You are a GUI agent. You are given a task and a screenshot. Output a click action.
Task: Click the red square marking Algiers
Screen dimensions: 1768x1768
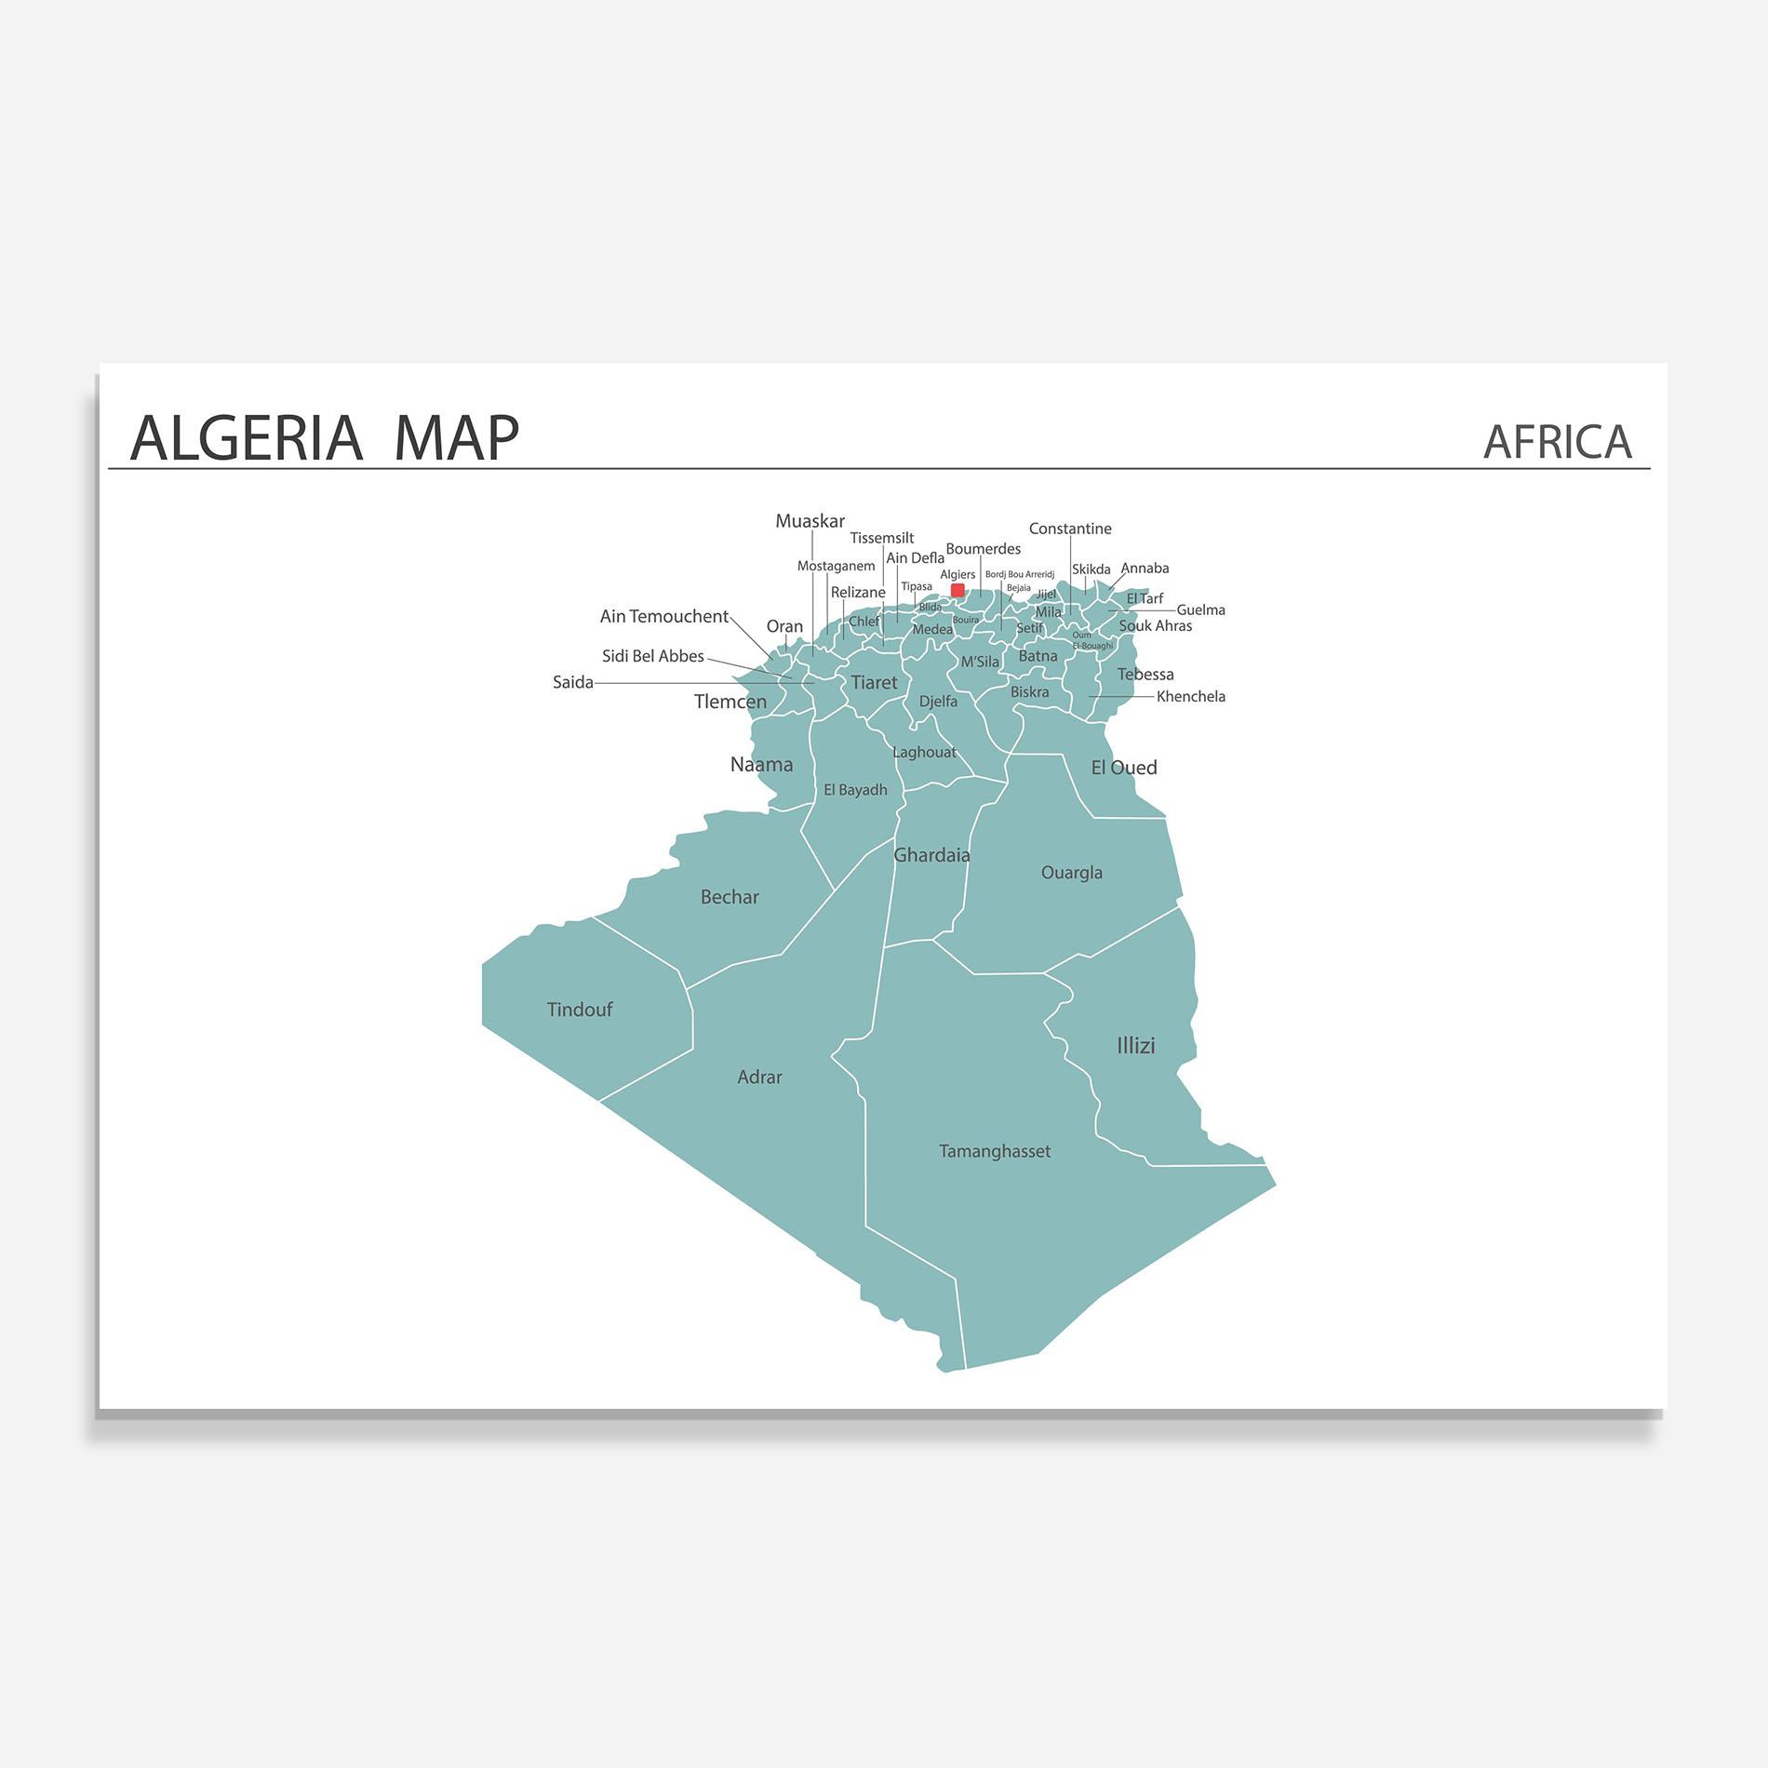958,590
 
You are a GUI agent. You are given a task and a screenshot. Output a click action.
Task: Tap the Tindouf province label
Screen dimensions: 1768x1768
579,1010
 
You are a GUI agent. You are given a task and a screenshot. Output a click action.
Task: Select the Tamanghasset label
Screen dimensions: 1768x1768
994,1151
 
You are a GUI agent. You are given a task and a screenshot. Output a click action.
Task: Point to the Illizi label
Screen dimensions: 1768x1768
1135,1046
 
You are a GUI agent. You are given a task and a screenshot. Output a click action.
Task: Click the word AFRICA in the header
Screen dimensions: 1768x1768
1557,442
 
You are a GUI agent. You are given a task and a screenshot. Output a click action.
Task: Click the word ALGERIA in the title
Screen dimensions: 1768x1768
247,438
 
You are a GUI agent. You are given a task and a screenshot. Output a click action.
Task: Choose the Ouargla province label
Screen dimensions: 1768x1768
1071,873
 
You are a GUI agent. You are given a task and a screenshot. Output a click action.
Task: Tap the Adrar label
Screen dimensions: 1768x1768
759,1078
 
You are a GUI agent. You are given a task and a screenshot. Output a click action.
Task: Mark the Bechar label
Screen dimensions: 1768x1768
730,897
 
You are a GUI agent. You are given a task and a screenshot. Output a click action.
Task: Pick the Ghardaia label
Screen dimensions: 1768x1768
931,855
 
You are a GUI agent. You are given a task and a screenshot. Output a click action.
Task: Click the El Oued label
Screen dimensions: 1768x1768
1124,768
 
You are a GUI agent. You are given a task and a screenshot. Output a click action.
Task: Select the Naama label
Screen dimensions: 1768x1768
761,765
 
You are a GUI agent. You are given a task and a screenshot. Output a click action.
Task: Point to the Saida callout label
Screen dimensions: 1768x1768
573,683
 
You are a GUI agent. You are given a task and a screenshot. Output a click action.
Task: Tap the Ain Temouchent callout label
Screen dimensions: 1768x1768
663,616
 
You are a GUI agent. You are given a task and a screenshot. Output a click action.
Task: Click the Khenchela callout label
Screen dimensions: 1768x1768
1190,697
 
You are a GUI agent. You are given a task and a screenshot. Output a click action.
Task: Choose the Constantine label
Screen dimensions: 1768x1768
1070,529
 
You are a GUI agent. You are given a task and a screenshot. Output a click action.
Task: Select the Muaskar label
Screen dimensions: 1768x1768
810,521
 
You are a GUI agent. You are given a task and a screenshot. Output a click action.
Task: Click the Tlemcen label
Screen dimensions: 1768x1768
730,702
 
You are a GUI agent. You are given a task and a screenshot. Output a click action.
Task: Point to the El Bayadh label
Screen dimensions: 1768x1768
855,790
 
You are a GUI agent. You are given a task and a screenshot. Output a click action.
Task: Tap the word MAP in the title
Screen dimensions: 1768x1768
456,438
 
